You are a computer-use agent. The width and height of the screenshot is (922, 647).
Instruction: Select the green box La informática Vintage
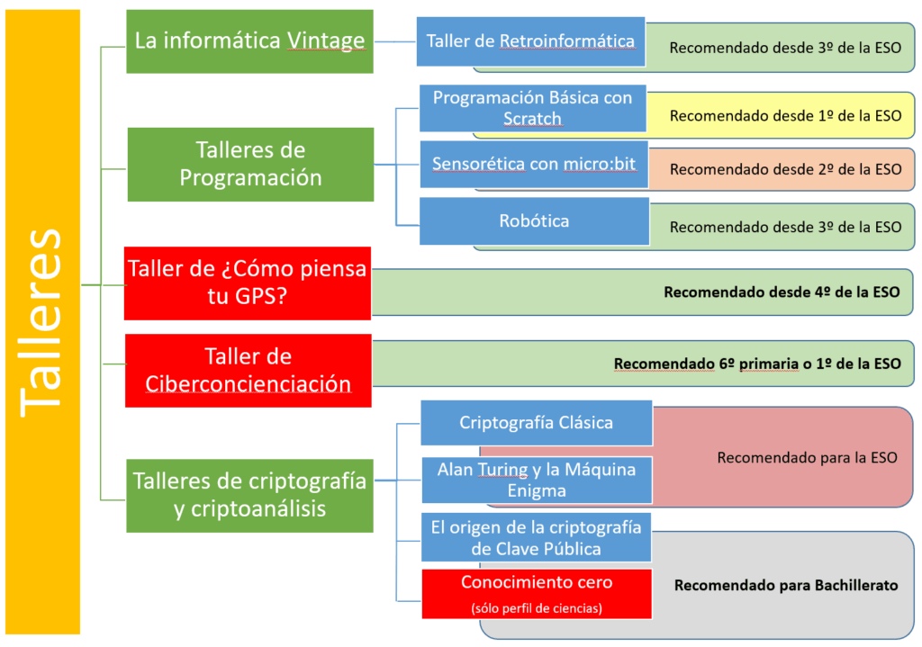click(x=249, y=41)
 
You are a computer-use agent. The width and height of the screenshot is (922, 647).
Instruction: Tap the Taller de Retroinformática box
click(x=530, y=41)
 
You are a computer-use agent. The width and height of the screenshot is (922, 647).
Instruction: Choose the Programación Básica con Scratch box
click(x=532, y=108)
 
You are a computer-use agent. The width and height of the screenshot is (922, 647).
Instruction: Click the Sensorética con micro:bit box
click(x=534, y=164)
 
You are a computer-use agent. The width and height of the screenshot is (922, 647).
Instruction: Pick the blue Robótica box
click(x=534, y=221)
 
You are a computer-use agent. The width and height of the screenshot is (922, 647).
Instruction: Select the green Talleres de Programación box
click(x=250, y=164)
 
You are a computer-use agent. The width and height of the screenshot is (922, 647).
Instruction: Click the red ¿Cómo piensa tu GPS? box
click(x=248, y=283)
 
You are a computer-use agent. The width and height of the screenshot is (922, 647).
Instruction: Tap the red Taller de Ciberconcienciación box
click(x=248, y=370)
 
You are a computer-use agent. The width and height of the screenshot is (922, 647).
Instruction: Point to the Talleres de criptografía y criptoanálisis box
click(x=249, y=494)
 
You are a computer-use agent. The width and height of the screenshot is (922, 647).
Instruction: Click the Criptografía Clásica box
click(x=536, y=423)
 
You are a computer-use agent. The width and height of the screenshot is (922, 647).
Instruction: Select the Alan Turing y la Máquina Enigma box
click(x=537, y=480)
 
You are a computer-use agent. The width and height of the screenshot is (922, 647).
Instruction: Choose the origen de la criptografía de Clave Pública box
click(x=536, y=538)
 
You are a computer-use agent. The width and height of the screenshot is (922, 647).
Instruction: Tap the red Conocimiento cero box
click(x=537, y=593)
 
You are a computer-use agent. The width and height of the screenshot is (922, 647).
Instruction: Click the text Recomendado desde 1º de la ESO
click(x=785, y=115)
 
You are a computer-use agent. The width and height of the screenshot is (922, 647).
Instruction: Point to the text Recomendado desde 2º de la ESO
click(x=785, y=169)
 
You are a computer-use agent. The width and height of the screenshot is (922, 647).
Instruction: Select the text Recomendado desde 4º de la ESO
click(x=782, y=292)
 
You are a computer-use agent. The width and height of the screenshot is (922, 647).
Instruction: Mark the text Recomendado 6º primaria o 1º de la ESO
click(x=757, y=364)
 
